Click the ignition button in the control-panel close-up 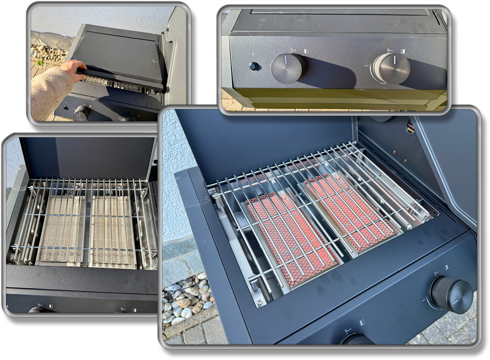click(254, 66)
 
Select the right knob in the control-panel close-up click(392, 68)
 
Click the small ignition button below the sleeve click(66, 108)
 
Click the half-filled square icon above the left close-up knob click(306, 51)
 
